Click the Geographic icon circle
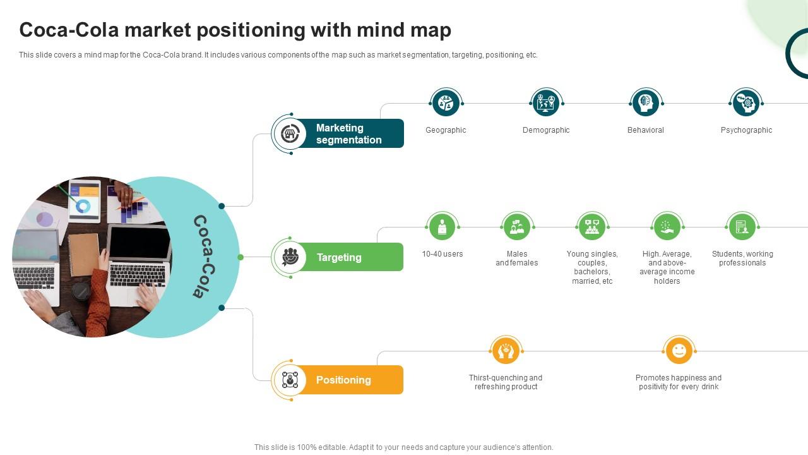pyautogui.click(x=446, y=103)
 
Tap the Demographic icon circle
pyautogui.click(x=546, y=103)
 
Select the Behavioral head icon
pyautogui.click(x=646, y=103)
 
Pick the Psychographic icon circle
pyautogui.click(x=746, y=103)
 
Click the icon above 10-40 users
pyautogui.click(x=442, y=227)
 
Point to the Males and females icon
pyautogui.click(x=517, y=227)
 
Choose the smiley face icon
pyautogui.click(x=679, y=351)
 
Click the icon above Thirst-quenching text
pyautogui.click(x=506, y=351)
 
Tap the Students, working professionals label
pyautogui.click(x=742, y=258)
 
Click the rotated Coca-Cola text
pyautogui.click(x=205, y=257)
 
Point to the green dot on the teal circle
pyautogui.click(x=241, y=257)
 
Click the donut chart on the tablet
pyautogui.click(x=83, y=207)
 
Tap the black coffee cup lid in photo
pyautogui.click(x=81, y=291)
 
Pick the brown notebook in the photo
pyautogui.click(x=84, y=254)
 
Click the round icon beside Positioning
pyautogui.click(x=290, y=380)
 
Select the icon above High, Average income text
pyautogui.click(x=667, y=227)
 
